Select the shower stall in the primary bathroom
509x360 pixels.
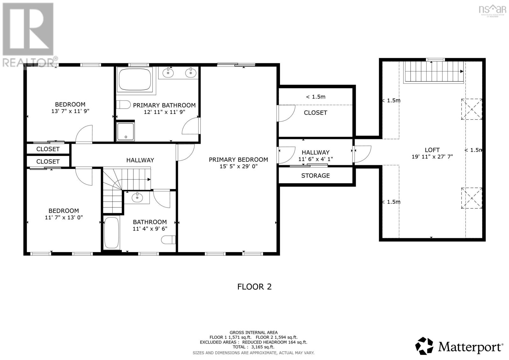tap(126, 131)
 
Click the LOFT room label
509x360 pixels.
tap(432, 150)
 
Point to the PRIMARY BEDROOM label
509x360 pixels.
tap(238, 159)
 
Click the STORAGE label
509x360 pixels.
tap(315, 175)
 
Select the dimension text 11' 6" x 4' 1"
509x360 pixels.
tap(315, 159)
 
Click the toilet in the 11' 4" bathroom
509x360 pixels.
tap(169, 239)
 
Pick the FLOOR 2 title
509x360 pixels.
tap(254, 286)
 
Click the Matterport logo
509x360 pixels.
tap(459, 346)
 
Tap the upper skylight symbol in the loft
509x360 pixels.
tap(471, 109)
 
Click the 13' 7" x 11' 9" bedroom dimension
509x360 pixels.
tap(70, 111)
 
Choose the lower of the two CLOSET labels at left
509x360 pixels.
tap(48, 161)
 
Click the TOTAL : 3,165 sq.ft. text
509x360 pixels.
tap(253, 347)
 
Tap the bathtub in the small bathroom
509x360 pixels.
tap(111, 233)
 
